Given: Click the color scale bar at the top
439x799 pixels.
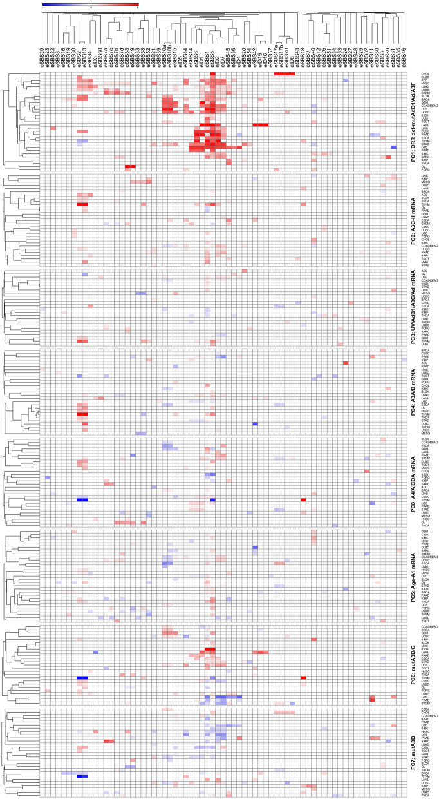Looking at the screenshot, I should [x=89, y=5].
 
